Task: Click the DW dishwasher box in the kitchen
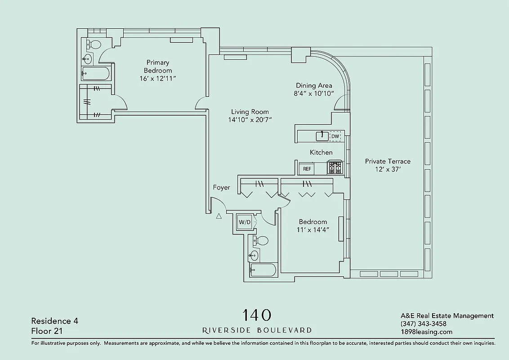pos(335,136)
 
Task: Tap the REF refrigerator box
pos(307,169)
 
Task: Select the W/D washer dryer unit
pos(244,222)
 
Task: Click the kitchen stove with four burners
pos(335,168)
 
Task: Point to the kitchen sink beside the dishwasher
pos(322,135)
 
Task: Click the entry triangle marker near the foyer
pos(219,216)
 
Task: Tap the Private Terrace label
pos(388,161)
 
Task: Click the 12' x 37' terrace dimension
pos(388,169)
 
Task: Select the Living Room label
pos(250,112)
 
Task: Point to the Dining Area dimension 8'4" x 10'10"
pos(314,94)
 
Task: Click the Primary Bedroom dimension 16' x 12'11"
pos(157,78)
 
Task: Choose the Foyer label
pos(221,188)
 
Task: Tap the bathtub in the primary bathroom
pos(95,73)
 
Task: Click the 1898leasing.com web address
pos(426,332)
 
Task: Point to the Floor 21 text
pos(47,331)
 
